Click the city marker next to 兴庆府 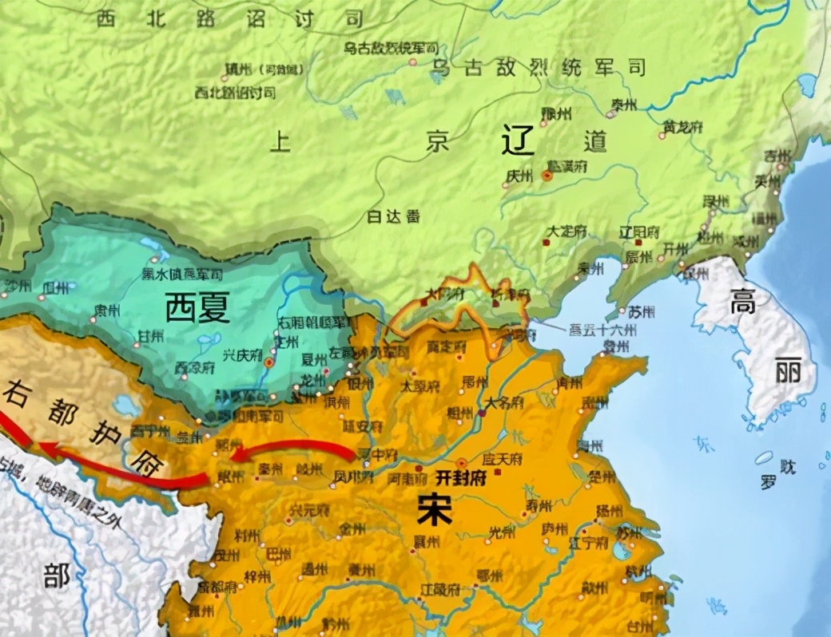[x=268, y=362]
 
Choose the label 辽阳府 [x=638, y=231]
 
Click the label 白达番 [x=392, y=216]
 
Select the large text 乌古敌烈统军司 [x=538, y=68]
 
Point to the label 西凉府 [x=197, y=369]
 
